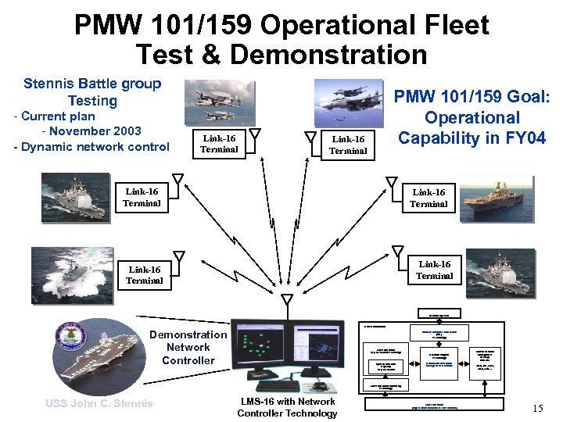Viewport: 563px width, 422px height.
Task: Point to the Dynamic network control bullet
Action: tap(91, 146)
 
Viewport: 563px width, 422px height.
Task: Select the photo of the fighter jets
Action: tap(349, 101)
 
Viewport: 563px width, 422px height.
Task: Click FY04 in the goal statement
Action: tap(523, 138)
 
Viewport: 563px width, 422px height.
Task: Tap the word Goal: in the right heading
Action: tap(525, 97)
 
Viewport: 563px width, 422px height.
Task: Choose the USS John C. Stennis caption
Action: tap(99, 403)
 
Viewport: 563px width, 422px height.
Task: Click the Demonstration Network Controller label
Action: tap(188, 347)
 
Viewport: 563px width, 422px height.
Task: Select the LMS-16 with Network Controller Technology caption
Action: tap(286, 407)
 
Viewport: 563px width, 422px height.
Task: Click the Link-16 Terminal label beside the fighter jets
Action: tap(348, 145)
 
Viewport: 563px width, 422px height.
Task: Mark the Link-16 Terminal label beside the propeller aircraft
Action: tap(219, 144)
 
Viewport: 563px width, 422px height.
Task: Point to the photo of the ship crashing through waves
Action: tap(72, 274)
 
